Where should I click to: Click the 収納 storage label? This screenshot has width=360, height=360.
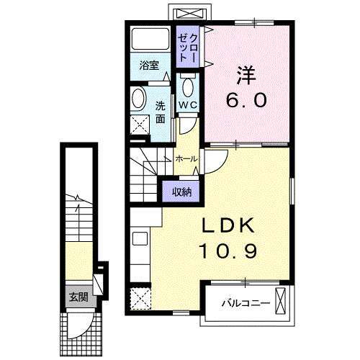pyautogui.click(x=181, y=191)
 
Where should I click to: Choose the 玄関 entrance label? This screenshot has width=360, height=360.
pyautogui.click(x=78, y=297)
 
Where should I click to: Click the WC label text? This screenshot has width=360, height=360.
pyautogui.click(x=187, y=104)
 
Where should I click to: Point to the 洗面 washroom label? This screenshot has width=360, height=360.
pyautogui.click(x=161, y=112)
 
